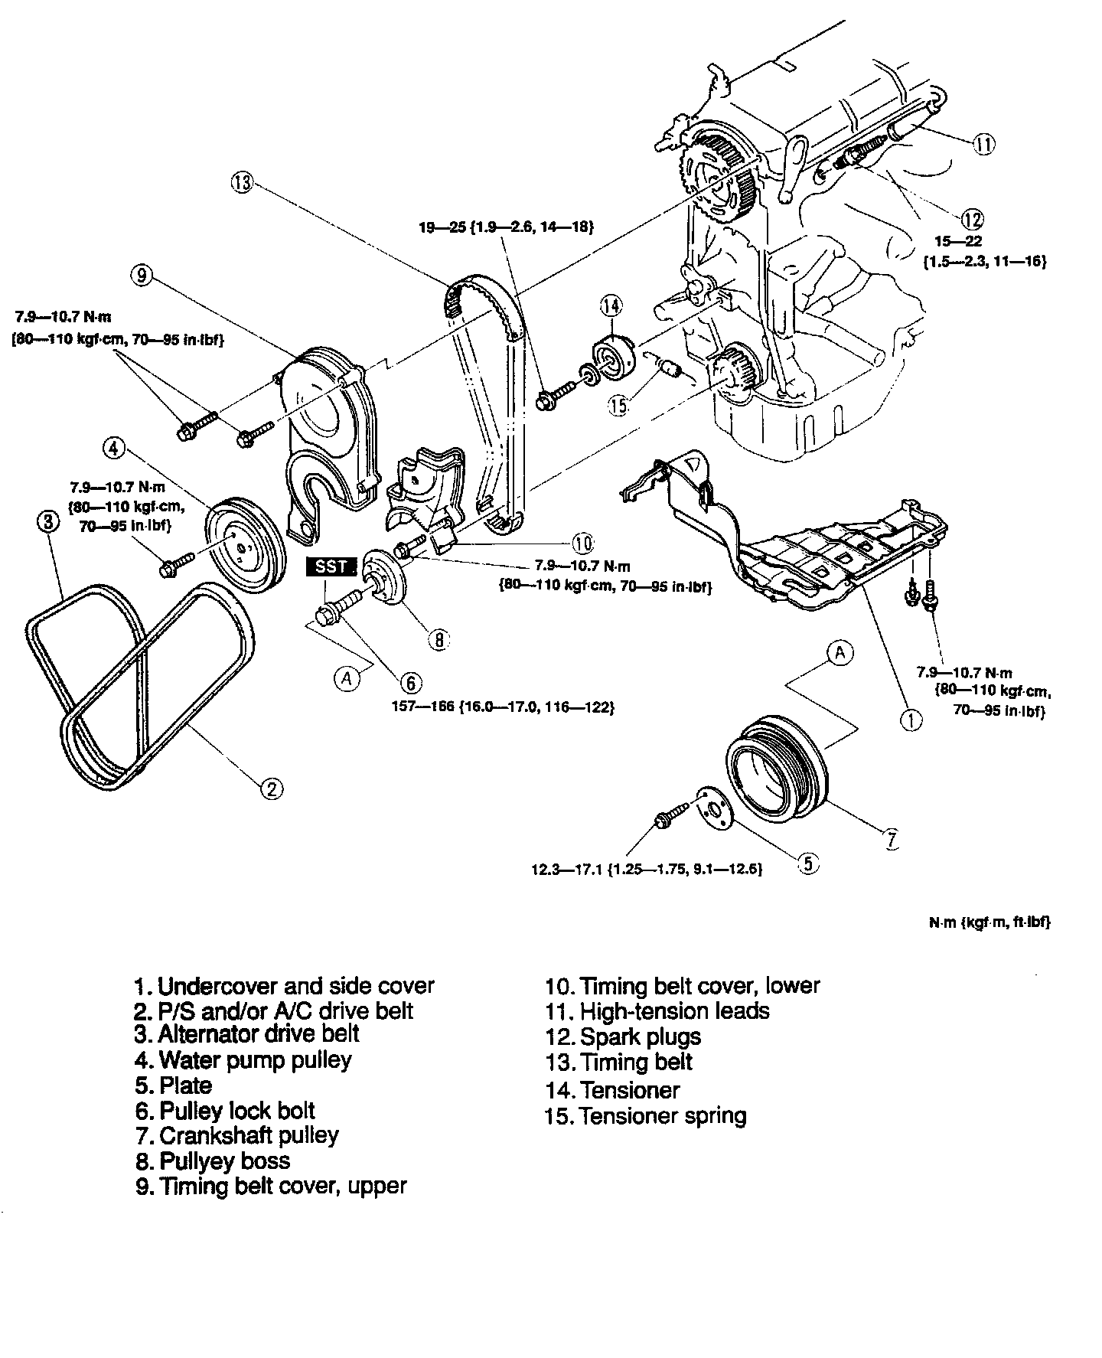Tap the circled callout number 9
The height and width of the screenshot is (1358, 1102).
[x=142, y=276]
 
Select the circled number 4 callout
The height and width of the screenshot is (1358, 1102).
[x=113, y=448]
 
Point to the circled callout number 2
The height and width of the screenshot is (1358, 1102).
[x=272, y=788]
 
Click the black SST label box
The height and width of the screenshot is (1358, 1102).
[x=331, y=566]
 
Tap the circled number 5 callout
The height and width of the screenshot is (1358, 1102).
[x=809, y=863]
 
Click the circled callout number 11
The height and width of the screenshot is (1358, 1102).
[x=984, y=143]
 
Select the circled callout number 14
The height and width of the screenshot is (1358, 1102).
[x=611, y=307]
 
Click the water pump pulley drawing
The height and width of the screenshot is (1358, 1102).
[x=246, y=542]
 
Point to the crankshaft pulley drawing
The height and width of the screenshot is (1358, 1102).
[x=777, y=766]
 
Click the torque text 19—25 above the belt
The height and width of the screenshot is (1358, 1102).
[x=506, y=227]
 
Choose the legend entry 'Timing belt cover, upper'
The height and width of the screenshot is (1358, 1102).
[x=271, y=1187]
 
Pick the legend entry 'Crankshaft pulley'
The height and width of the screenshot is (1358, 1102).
[x=237, y=1135]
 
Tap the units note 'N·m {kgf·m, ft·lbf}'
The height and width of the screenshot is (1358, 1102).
[x=990, y=923]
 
